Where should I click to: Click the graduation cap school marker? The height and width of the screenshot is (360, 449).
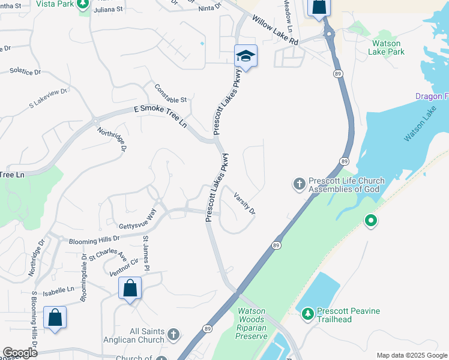pyautogui.click(x=246, y=56)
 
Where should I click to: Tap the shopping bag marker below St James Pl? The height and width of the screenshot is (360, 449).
pyautogui.click(x=130, y=289)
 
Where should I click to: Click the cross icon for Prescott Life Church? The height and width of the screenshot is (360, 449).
pyautogui.click(x=300, y=183)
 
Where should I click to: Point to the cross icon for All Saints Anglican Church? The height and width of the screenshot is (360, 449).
pyautogui.click(x=173, y=334)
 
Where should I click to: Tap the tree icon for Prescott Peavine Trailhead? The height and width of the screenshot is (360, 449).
pyautogui.click(x=307, y=313)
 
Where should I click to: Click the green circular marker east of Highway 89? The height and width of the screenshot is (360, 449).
pyautogui.click(x=371, y=221)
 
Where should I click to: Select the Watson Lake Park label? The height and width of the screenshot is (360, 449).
pyautogui.click(x=388, y=47)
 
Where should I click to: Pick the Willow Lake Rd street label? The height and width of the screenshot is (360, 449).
pyautogui.click(x=275, y=31)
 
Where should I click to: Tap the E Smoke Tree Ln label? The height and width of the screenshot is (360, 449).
pyautogui.click(x=160, y=115)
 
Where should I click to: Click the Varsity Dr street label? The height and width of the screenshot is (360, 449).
pyautogui.click(x=245, y=203)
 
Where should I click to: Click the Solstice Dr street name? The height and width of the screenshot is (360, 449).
pyautogui.click(x=25, y=71)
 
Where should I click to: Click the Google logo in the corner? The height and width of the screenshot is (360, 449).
pyautogui.click(x=20, y=353)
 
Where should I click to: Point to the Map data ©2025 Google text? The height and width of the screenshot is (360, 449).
pyautogui.click(x=411, y=355)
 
